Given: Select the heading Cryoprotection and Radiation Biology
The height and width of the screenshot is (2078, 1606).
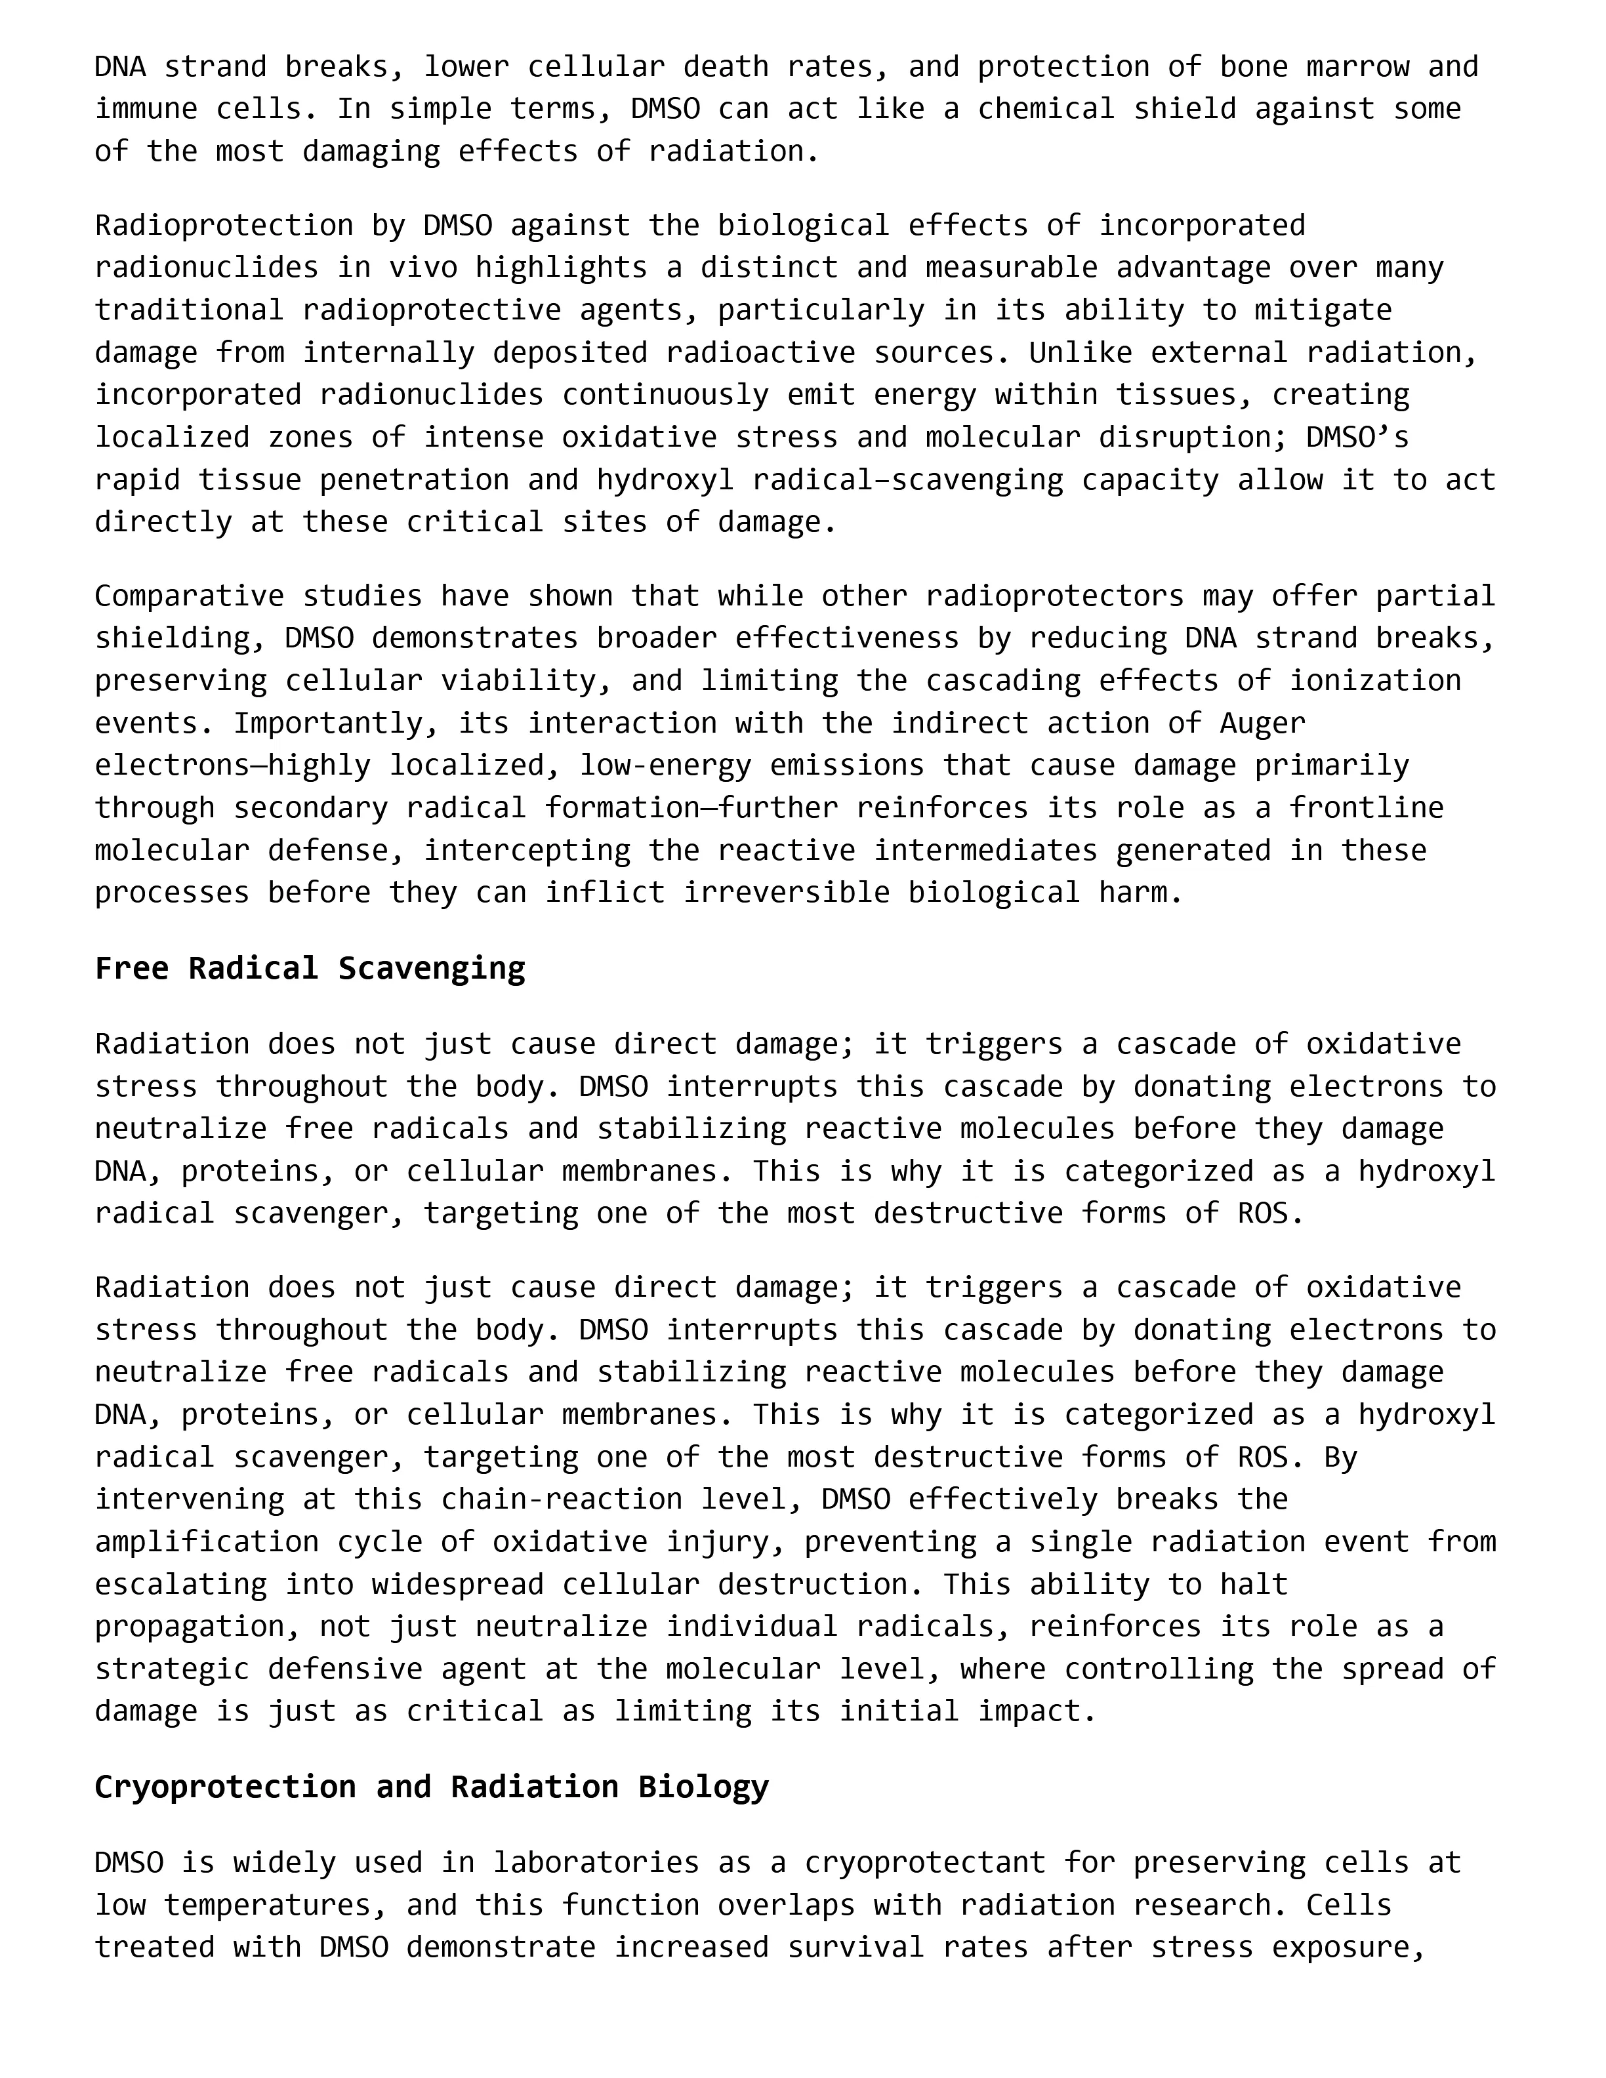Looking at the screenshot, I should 431,1787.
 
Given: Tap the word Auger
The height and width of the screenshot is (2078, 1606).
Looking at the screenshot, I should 1262,723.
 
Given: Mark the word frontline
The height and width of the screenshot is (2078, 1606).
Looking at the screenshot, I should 1367,808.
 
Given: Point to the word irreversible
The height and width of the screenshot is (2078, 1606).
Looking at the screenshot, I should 786,893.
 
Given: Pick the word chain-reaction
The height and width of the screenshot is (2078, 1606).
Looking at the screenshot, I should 562,1499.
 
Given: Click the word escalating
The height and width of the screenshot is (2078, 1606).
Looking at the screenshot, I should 181,1584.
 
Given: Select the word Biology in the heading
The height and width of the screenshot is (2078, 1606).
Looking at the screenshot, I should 703,1787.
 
